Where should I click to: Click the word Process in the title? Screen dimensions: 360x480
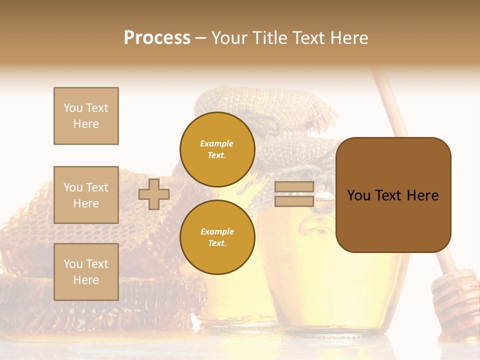[x=157, y=38]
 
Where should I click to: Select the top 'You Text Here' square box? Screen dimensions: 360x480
[x=86, y=116]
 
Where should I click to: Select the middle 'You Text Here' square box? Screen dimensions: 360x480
[x=86, y=195]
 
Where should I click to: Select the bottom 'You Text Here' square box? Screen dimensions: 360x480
[x=86, y=272]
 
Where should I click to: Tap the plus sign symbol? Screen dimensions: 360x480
[x=153, y=194]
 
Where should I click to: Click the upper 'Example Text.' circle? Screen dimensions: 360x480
[x=217, y=149]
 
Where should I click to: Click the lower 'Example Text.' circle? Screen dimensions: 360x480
[x=217, y=237]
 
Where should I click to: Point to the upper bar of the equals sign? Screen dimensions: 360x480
[x=294, y=187]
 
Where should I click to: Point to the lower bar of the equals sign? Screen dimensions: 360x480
[x=294, y=201]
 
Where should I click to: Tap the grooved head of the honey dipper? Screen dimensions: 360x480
[x=455, y=300]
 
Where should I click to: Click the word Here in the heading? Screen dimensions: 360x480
[x=349, y=38]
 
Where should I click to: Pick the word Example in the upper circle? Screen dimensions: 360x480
[x=217, y=143]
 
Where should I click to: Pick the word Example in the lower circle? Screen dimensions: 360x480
[x=217, y=231]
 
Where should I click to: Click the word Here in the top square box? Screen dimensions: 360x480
[x=86, y=124]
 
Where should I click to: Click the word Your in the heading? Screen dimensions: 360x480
[x=229, y=38]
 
